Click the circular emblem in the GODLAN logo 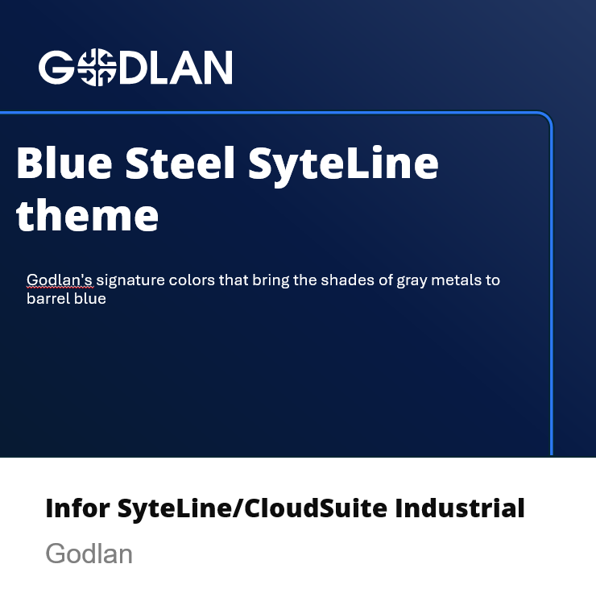click(97, 68)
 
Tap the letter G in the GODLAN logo click(56, 68)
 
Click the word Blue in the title click(64, 163)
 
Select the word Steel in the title click(180, 163)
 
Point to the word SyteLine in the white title click(343, 167)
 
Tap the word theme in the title click(87, 215)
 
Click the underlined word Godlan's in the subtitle click(60, 280)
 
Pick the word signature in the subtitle click(130, 281)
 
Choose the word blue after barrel click(90, 298)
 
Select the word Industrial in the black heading click(460, 508)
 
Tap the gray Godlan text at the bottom click(89, 554)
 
